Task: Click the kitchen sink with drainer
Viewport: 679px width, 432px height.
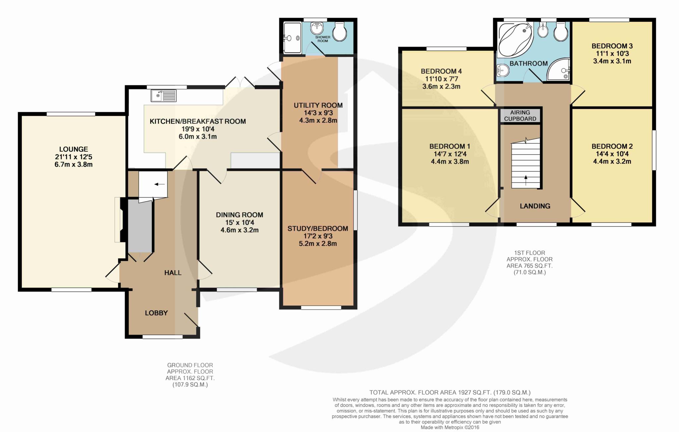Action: tap(163, 96)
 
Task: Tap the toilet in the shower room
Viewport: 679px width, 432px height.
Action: tap(340, 32)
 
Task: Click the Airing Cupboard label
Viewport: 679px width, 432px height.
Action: tap(520, 116)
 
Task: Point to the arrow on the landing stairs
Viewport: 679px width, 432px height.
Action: tap(525, 180)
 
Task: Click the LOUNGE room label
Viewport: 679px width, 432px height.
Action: tap(74, 149)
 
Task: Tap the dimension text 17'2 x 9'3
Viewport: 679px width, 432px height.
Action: tap(318, 236)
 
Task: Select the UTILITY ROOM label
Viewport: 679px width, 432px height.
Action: tap(318, 105)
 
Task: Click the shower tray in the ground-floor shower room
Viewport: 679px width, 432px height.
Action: tap(293, 37)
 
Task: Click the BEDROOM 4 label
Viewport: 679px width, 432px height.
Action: tap(441, 71)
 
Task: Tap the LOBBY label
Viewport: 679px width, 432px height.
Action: tap(156, 313)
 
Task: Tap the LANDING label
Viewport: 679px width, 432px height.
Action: tap(535, 206)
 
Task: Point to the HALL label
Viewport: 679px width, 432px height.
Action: tap(173, 273)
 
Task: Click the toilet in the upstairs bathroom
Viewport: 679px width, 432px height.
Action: tap(561, 32)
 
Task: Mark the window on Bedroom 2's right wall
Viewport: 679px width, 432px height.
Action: tap(654, 150)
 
